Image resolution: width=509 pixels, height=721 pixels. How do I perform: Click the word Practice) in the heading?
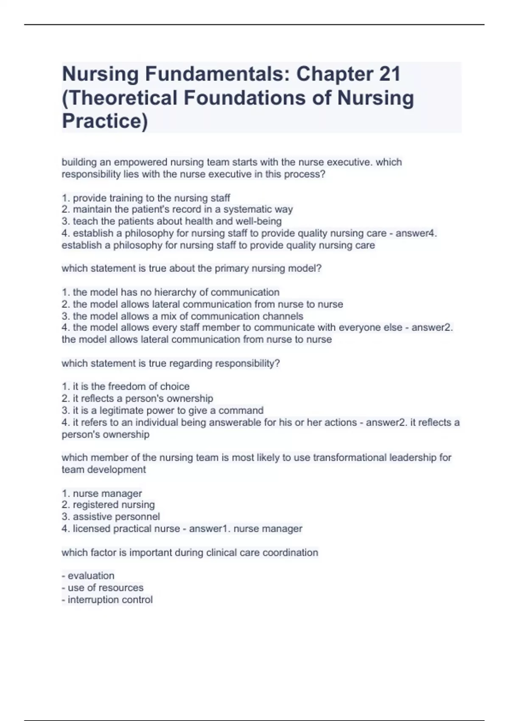[x=105, y=121]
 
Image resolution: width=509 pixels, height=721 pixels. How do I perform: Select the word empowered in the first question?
[x=140, y=162]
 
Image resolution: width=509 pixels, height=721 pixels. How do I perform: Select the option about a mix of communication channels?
[x=182, y=316]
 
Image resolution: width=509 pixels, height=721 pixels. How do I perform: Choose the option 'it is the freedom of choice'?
[x=126, y=387]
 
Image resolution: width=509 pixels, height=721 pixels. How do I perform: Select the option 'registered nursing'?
[x=108, y=505]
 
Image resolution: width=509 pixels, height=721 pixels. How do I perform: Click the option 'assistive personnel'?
[x=111, y=517]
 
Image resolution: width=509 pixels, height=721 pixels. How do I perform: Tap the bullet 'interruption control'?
[x=107, y=600]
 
